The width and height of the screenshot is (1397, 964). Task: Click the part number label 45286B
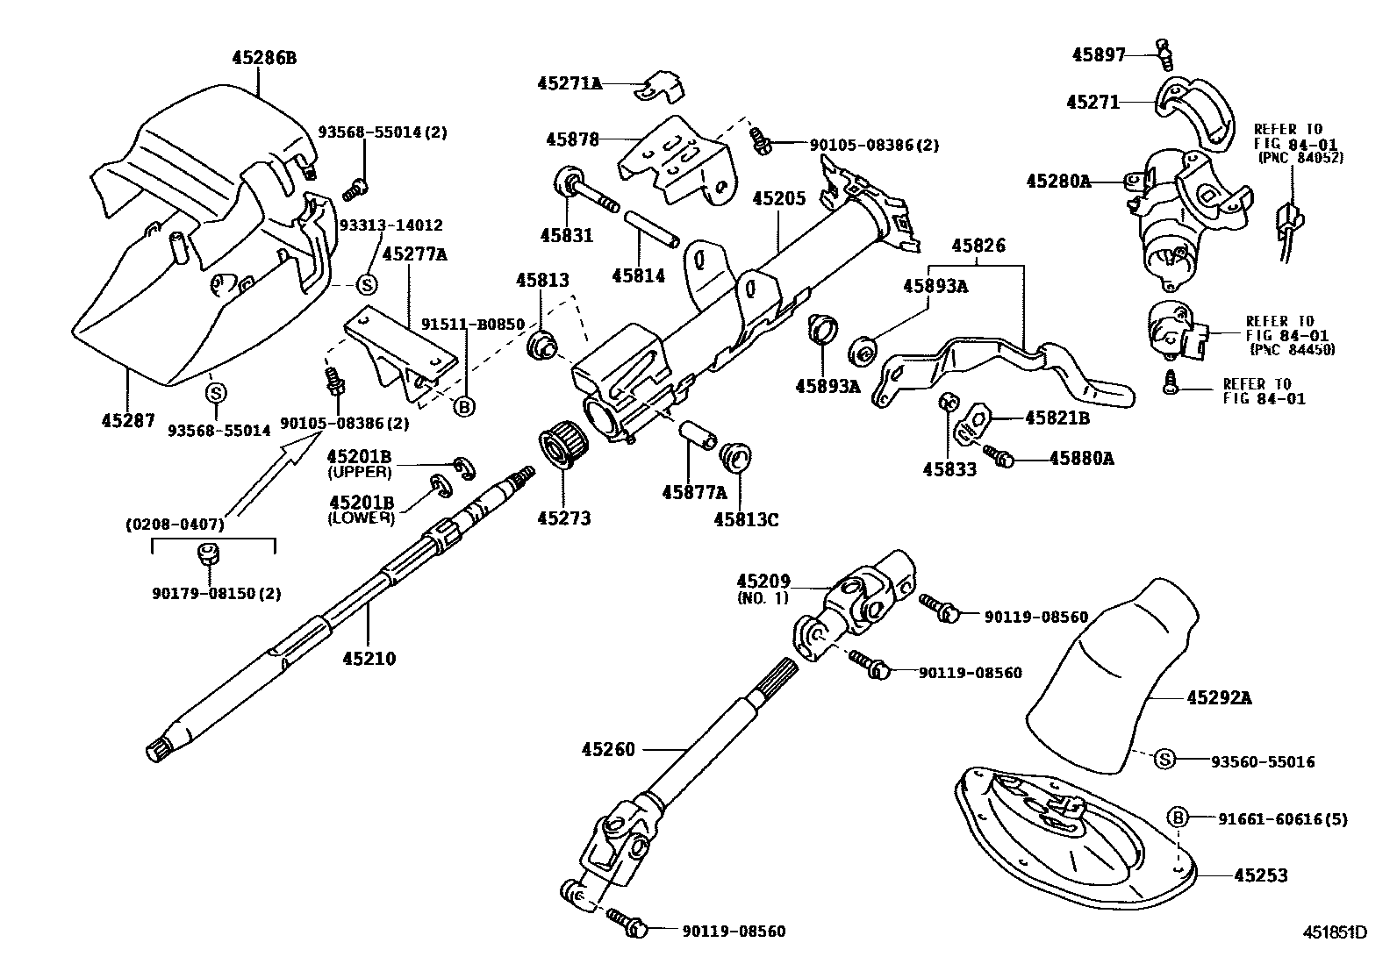tap(264, 58)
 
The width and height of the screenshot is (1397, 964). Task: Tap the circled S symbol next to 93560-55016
tap(1164, 760)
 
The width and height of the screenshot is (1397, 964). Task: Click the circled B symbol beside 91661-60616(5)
tap(1178, 818)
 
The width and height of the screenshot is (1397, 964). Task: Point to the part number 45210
tap(369, 658)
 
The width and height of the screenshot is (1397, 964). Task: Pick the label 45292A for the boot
tap(1219, 698)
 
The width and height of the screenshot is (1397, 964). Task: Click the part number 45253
tap(1261, 875)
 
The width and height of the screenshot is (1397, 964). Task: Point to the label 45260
tap(607, 749)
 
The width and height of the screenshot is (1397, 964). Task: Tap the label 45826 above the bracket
tap(978, 246)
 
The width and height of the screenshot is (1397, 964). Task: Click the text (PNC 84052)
tap(1300, 159)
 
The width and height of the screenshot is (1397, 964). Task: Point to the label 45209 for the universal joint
tap(763, 581)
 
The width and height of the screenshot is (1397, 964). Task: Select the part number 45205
tap(778, 199)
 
